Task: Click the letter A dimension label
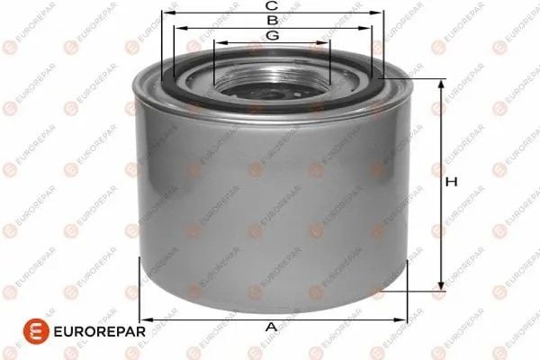(x=270, y=328)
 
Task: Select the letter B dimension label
(x=270, y=19)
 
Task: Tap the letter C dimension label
(x=270, y=5)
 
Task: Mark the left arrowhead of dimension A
(x=145, y=319)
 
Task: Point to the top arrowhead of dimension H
(x=440, y=84)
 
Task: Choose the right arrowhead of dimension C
(x=379, y=14)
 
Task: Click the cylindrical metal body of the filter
(x=270, y=207)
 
